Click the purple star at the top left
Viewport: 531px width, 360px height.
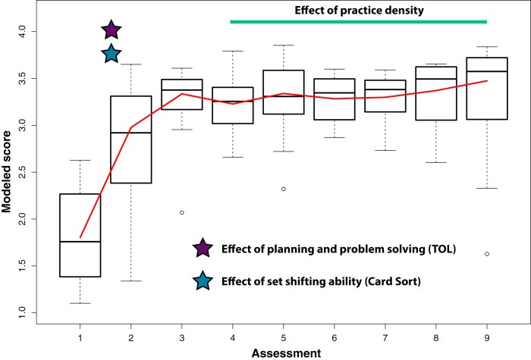111,30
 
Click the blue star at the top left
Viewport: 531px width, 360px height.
111,54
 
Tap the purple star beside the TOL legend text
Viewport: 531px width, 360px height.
202,248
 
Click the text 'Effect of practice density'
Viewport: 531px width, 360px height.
358,11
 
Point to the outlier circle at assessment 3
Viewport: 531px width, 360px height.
181,212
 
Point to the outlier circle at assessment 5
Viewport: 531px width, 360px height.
282,189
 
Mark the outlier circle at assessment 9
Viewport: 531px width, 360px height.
486,254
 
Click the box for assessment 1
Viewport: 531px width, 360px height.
80,235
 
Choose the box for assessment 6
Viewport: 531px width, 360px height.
334,99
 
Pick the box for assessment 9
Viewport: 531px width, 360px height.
486,88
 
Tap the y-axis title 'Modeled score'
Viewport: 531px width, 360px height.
8,171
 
